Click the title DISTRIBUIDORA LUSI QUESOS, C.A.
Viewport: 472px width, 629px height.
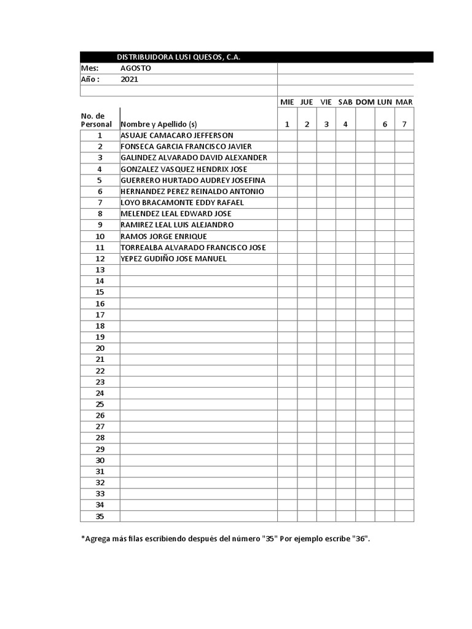tap(179, 57)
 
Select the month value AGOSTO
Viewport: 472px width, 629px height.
tap(135, 68)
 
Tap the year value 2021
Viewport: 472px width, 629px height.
tap(130, 79)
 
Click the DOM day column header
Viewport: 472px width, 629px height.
tap(365, 101)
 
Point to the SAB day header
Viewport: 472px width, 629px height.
tap(345, 101)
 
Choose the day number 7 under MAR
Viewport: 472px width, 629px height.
tap(404, 124)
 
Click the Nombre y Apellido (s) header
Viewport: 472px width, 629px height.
tap(159, 124)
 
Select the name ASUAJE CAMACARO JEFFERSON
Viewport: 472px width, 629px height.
tap(177, 135)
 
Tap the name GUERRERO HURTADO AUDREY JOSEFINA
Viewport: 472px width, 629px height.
tap(193, 180)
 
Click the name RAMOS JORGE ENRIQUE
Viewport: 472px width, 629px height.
tap(164, 236)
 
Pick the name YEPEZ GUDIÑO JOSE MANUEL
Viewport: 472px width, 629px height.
tap(174, 259)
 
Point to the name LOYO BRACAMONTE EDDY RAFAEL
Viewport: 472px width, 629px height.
tap(183, 202)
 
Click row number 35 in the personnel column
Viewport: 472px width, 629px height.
tap(100, 516)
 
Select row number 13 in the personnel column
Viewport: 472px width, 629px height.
tap(100, 270)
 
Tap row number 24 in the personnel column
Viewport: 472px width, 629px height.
tap(100, 393)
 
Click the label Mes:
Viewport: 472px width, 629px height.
tap(90, 68)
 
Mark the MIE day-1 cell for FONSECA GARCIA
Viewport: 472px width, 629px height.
tap(287, 146)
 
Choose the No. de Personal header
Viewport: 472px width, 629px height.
tap(96, 120)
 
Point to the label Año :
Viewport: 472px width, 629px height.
tap(90, 79)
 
